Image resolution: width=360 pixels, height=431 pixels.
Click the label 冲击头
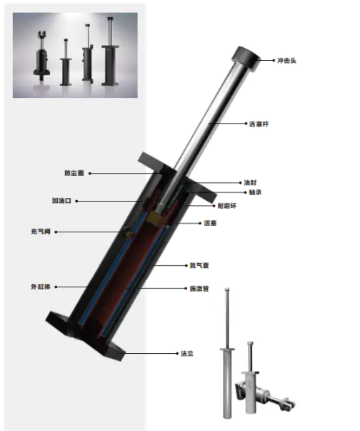pos(286,61)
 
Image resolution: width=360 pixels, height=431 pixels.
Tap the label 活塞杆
pos(259,124)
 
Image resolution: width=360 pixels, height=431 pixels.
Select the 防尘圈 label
pos(74,173)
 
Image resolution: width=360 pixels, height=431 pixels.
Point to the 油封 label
pos(250,182)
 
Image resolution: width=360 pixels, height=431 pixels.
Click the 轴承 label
pos(255,192)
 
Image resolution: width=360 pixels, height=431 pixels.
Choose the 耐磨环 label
pos(227,206)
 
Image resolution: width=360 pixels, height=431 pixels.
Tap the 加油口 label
pos(61,201)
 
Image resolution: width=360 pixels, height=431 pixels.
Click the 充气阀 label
pos(41,232)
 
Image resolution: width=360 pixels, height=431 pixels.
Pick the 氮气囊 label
pos(199,265)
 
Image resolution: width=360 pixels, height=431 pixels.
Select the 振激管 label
pos(199,288)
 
